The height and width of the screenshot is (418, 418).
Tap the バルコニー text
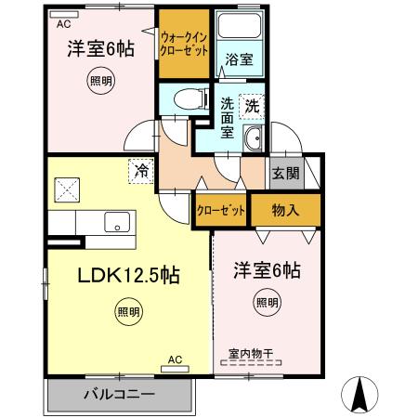pos(119,395)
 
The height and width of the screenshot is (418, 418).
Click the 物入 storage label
pos(285,210)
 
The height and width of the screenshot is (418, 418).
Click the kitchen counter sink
pos(119,222)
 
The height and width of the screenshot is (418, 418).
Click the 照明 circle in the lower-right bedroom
pos(267,301)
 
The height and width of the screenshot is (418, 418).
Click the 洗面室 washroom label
pos(228,118)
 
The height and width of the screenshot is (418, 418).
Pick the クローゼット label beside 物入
pos(221,211)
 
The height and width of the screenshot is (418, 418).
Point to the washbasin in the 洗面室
pos(252,140)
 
